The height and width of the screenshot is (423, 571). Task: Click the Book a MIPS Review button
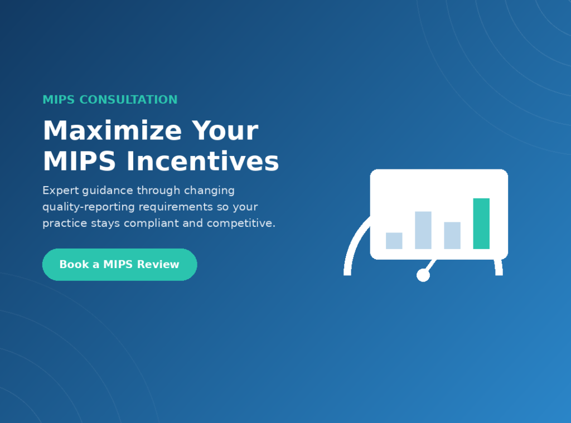click(x=119, y=265)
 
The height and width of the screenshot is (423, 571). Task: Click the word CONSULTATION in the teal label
click(x=129, y=100)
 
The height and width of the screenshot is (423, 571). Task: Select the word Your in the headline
click(x=225, y=130)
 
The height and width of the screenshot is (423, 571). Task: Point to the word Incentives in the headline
click(x=202, y=161)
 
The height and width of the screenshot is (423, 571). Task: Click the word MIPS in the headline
click(x=79, y=161)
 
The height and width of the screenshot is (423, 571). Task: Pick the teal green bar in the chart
click(x=481, y=223)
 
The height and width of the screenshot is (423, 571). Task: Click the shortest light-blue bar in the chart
click(x=394, y=241)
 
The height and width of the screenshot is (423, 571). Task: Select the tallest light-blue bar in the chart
click(x=423, y=230)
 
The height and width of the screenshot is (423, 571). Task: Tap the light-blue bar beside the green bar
click(x=452, y=236)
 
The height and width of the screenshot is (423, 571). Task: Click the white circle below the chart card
click(x=423, y=275)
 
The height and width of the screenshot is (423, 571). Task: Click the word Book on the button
click(x=74, y=264)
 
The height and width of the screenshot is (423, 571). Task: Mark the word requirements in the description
click(x=176, y=207)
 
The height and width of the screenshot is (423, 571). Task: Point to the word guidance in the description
click(x=108, y=191)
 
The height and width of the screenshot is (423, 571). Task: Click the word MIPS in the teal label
click(x=59, y=100)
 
